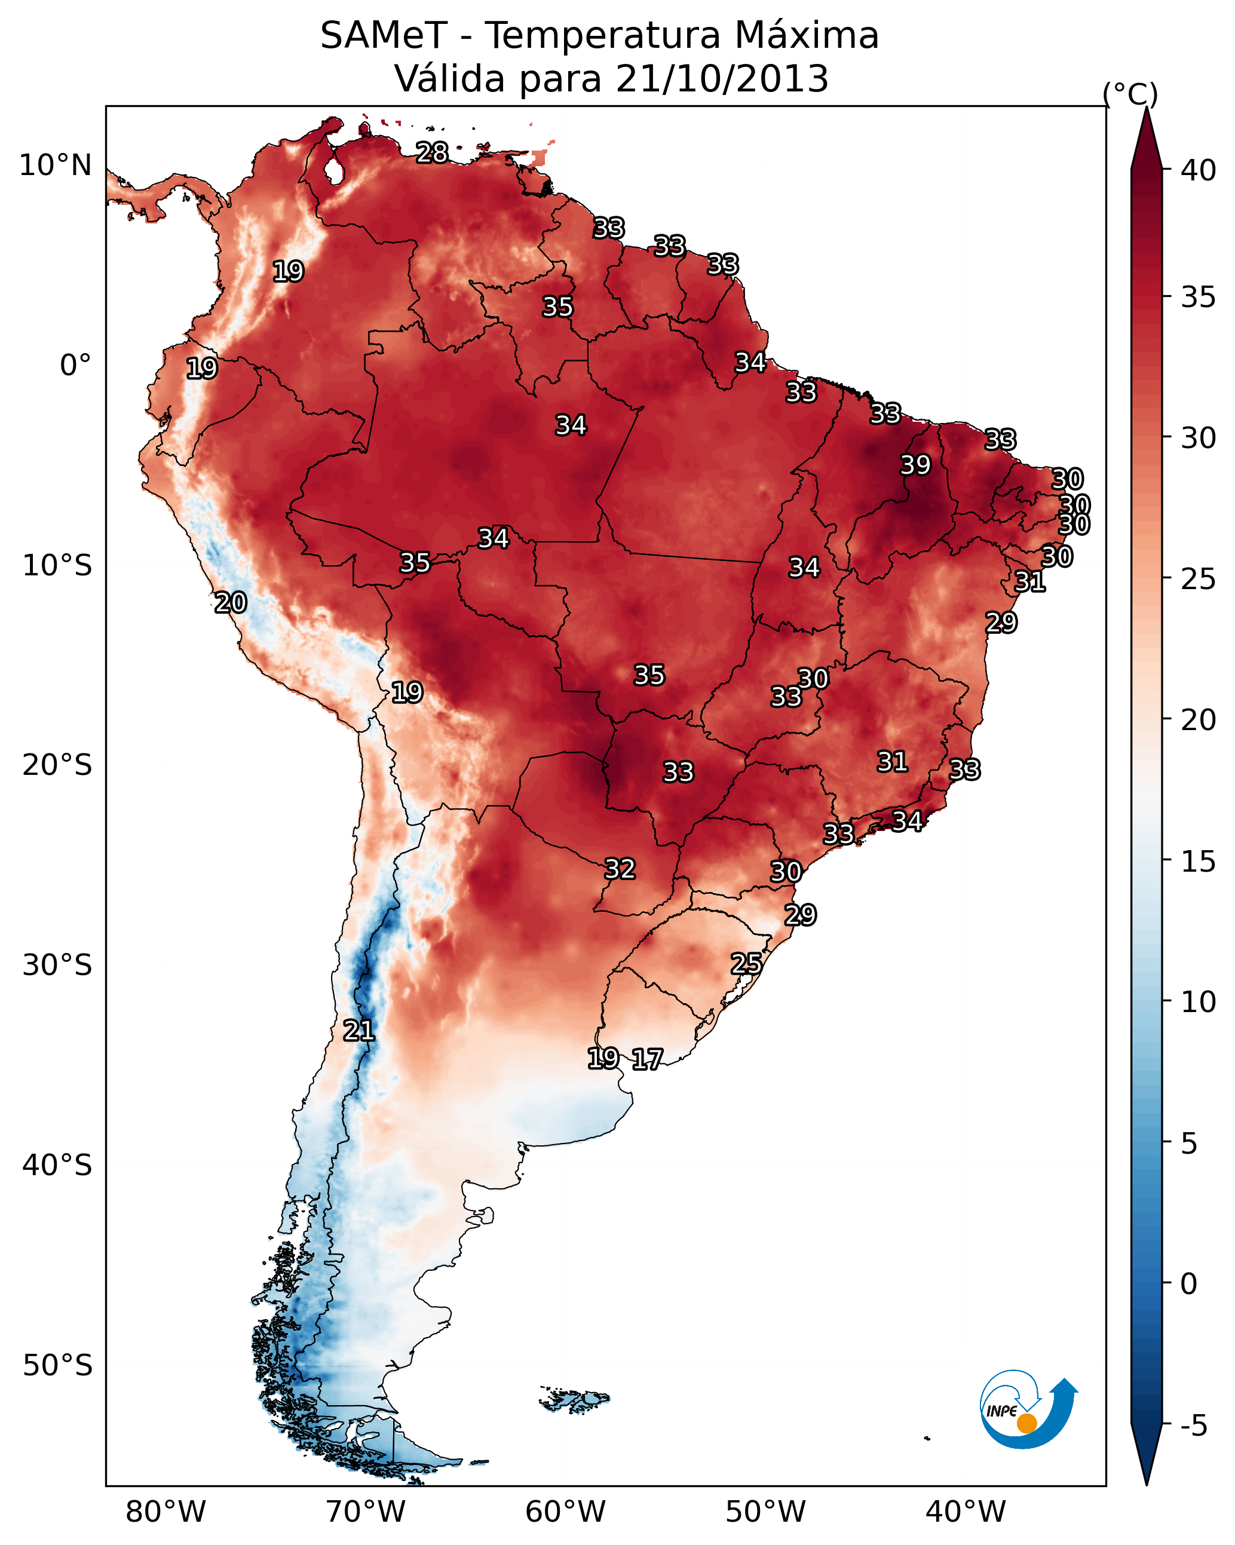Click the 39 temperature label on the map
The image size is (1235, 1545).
[x=915, y=465]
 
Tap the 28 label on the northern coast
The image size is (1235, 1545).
[x=432, y=152]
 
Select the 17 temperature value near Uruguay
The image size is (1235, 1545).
[x=647, y=1059]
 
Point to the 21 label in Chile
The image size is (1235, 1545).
[x=358, y=1031]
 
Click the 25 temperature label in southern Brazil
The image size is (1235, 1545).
[x=746, y=963]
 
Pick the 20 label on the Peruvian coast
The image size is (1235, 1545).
[x=231, y=603]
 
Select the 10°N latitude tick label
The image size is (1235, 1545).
[x=55, y=165]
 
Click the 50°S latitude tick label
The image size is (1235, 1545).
[x=57, y=1366]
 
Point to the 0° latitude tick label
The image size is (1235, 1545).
[x=75, y=366]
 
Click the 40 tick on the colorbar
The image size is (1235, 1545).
[x=1198, y=170]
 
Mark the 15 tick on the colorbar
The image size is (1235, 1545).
[x=1198, y=862]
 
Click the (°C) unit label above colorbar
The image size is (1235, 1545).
[x=1130, y=94]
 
